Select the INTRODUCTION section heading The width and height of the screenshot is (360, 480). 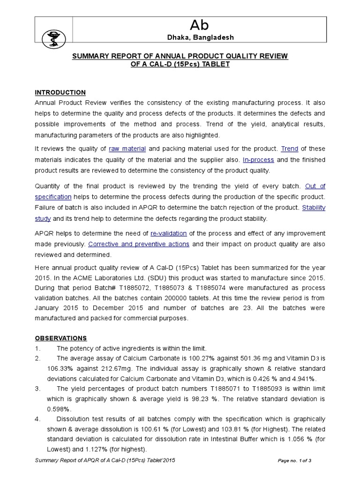pyautogui.click(x=60, y=92)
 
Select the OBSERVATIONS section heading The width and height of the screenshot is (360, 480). pyautogui.click(x=61, y=338)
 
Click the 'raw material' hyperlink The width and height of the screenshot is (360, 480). pyautogui.click(x=127, y=149)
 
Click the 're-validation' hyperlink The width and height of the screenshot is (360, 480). pyautogui.click(x=168, y=233)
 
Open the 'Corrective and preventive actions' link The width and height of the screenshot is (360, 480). pyautogui.click(x=139, y=244)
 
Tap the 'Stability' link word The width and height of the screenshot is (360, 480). pyautogui.click(x=314, y=207)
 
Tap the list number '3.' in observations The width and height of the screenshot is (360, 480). pyautogui.click(x=38, y=389)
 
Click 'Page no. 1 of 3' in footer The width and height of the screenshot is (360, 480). pyautogui.click(x=295, y=461)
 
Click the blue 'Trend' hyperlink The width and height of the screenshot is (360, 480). pyautogui.click(x=290, y=149)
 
